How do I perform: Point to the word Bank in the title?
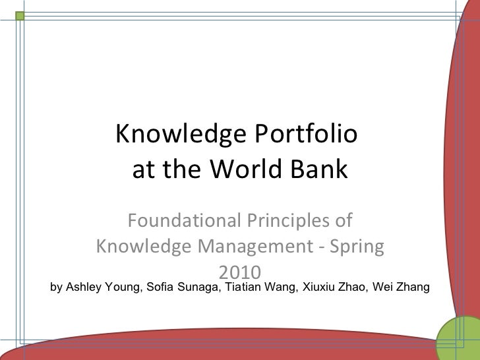323,171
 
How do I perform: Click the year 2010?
240,272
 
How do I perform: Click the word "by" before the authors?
57,287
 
